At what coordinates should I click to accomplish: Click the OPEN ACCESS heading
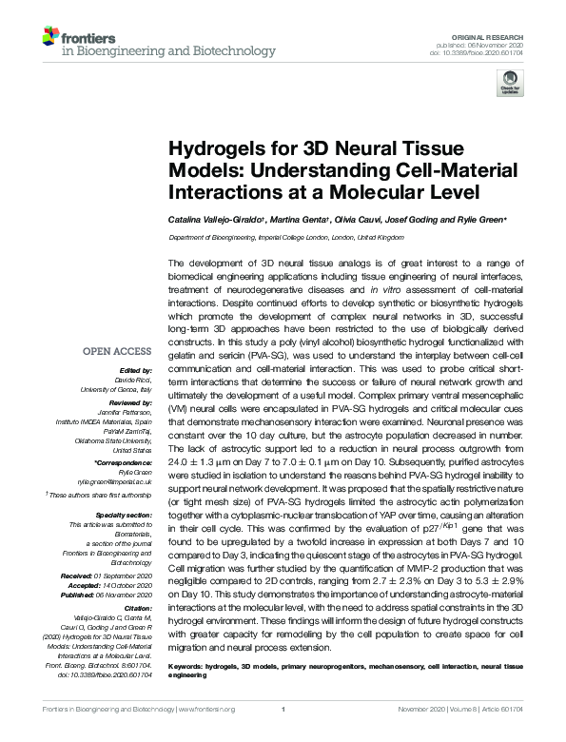click(x=118, y=351)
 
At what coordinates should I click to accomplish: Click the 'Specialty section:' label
click(x=123, y=514)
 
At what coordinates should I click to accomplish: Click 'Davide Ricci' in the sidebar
click(x=135, y=378)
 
